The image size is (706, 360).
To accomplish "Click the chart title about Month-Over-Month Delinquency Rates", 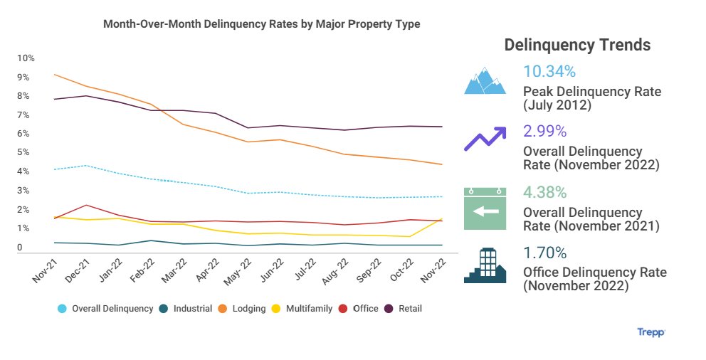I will (262, 24).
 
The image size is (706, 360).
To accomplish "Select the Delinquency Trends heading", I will (577, 45).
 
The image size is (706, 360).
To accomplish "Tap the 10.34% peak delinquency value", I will (549, 71).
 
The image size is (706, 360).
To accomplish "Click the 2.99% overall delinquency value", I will (544, 131).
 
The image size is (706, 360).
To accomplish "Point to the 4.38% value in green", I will (544, 192).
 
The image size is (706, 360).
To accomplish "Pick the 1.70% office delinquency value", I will (544, 253).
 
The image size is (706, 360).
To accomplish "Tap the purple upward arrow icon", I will (485, 139).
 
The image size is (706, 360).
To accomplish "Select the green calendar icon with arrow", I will (485, 208).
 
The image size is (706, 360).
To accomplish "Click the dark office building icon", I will (485, 266).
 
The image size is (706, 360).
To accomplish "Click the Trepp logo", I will (651, 332).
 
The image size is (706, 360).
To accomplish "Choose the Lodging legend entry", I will (242, 309).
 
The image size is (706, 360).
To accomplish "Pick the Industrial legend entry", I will (187, 309).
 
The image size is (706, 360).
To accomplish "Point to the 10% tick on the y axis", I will (26, 58).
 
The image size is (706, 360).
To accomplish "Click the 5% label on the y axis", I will (23, 153).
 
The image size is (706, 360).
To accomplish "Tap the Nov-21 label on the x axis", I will (45, 271).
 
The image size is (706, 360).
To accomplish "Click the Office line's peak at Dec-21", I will (86, 205).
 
